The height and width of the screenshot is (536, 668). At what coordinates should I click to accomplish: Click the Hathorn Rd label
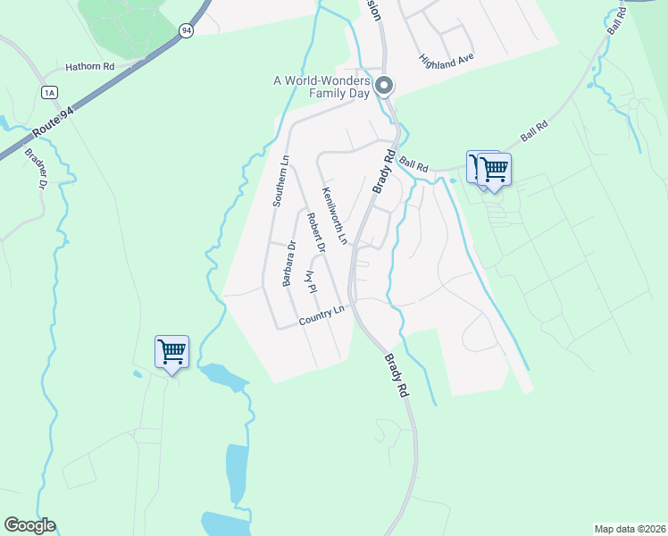pos(90,67)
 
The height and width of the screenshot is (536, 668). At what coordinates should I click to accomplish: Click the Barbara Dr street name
pos(288,264)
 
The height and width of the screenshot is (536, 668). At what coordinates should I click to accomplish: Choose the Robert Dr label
pos(313,231)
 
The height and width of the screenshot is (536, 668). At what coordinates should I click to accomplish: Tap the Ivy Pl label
pos(311,282)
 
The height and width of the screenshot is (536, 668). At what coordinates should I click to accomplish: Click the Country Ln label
pos(323,315)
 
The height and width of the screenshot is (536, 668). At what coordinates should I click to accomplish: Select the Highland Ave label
pos(446,58)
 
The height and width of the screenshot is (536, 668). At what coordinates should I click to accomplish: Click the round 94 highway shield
pos(185,30)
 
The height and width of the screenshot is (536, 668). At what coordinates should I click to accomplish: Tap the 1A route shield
pos(49,91)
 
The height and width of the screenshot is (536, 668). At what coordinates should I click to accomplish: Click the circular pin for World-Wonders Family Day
pos(385,86)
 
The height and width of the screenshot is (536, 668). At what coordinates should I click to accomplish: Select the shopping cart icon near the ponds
pos(171,351)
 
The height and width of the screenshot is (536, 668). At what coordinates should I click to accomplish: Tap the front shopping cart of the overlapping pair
pos(494,168)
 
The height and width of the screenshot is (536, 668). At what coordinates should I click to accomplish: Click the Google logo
pos(29,525)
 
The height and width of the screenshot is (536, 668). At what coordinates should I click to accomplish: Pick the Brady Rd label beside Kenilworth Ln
pos(383,172)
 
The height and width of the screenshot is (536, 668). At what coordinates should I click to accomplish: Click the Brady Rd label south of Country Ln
pos(397,376)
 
